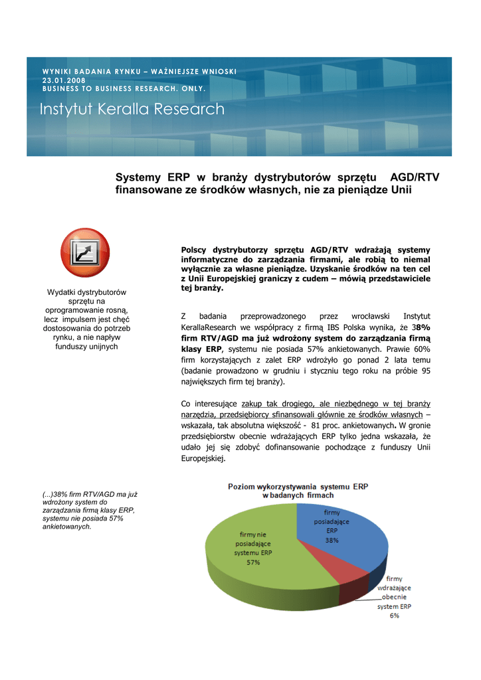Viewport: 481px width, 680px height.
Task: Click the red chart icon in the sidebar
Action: click(x=85, y=252)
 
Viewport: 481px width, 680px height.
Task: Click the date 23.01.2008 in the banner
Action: click(x=64, y=80)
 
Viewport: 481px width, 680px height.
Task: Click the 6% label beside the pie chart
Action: click(x=395, y=616)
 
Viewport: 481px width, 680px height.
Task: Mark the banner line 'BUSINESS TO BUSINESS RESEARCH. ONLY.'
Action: click(x=124, y=88)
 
